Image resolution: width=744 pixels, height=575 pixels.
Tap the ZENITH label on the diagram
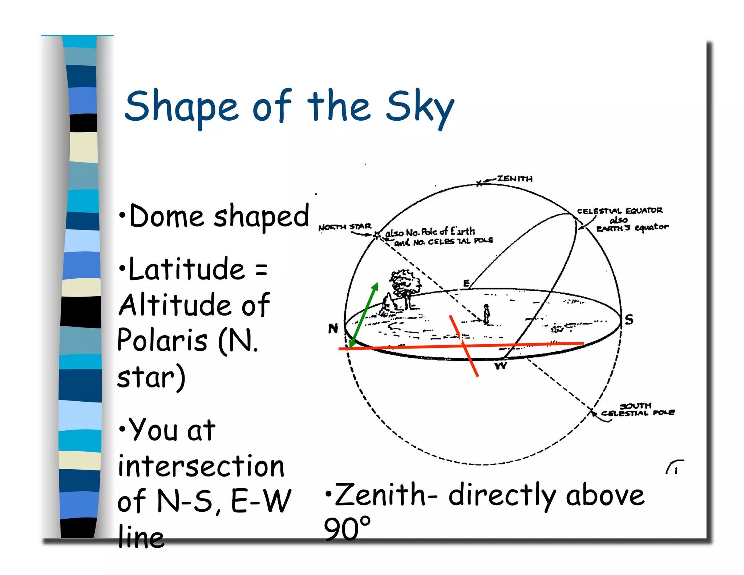514,178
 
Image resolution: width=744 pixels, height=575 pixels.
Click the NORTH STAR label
344,227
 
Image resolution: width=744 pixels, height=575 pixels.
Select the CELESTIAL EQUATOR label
620,211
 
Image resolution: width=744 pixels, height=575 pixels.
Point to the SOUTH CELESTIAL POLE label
637,410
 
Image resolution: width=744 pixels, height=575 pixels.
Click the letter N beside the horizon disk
333,328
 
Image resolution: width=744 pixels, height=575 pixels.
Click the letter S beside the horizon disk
629,319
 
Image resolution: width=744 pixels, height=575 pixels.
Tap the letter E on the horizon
466,283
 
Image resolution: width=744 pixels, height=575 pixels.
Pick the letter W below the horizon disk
500,366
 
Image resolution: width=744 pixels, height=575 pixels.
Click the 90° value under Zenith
347,528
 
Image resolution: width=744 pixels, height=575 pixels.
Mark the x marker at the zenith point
479,184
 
